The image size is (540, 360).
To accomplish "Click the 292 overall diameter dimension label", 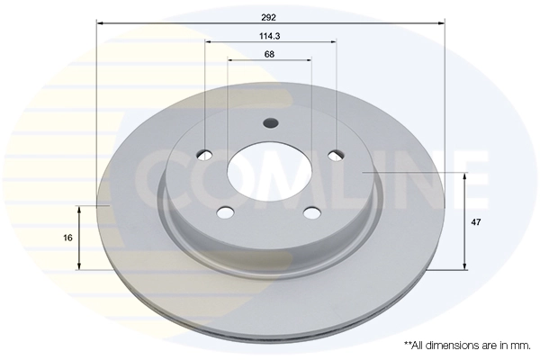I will click(x=270, y=16).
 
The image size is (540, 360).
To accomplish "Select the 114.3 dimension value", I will click(x=270, y=37).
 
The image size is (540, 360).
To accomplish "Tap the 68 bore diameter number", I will click(x=270, y=55).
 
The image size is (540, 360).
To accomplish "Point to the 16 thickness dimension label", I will click(x=68, y=238).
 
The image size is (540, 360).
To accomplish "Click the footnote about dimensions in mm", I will click(x=466, y=345).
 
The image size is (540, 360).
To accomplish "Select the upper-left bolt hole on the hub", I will click(x=205, y=154).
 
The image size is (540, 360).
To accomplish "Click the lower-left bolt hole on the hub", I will click(x=227, y=212).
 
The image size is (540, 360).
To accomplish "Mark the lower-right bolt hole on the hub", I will click(x=311, y=212).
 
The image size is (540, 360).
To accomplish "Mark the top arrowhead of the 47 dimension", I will click(x=464, y=175).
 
